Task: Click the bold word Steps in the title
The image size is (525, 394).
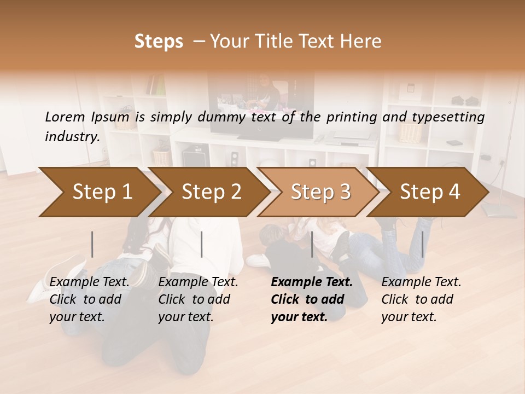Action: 159,42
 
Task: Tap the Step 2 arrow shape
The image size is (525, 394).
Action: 211,192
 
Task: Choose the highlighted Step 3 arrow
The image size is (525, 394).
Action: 320,192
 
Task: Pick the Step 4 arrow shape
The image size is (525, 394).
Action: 430,192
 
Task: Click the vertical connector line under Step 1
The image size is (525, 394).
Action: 92,244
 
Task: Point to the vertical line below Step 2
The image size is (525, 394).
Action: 202,244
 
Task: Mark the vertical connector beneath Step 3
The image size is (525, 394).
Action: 312,244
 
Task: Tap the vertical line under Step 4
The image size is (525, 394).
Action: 422,244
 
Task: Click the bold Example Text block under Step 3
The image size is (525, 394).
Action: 311,299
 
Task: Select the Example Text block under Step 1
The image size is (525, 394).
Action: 89,299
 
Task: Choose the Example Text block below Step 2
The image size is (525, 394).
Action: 198,299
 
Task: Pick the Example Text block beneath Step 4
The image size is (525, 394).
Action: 421,299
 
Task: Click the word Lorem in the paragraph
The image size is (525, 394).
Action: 65,117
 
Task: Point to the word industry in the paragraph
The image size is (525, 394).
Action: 72,136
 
